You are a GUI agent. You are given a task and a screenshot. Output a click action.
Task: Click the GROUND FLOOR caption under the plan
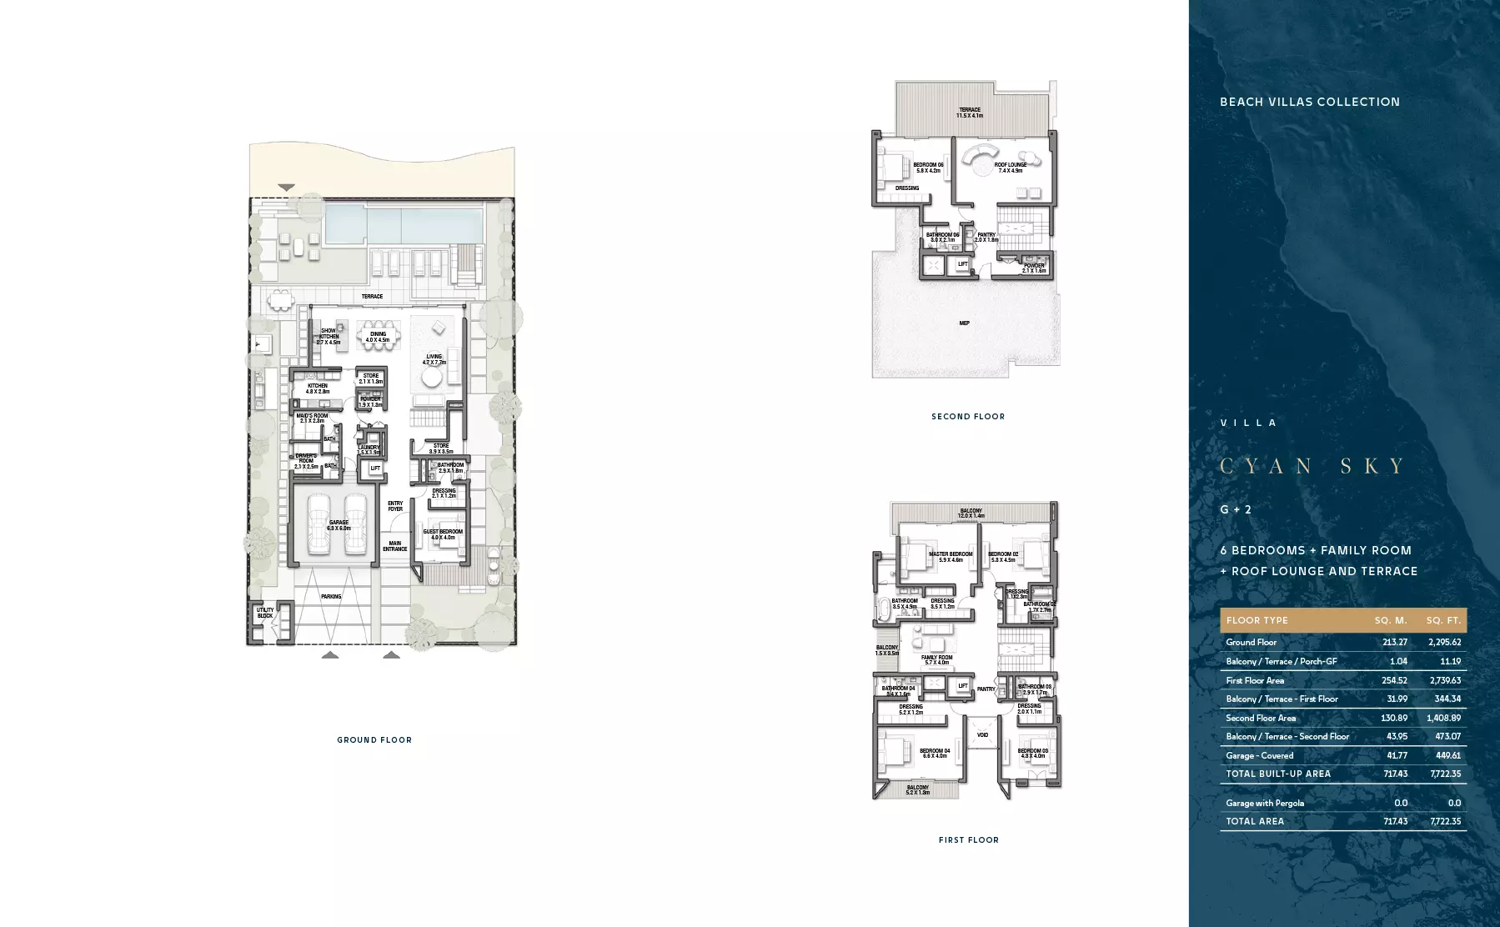click(374, 740)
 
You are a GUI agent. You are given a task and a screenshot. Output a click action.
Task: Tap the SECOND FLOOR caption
click(968, 417)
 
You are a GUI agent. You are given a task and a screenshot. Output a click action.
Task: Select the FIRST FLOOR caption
click(968, 840)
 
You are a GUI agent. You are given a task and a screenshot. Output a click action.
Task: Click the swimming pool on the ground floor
click(403, 223)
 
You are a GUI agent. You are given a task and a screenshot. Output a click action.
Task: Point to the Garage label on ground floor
click(339, 525)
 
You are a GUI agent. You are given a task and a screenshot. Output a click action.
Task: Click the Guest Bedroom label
click(442, 534)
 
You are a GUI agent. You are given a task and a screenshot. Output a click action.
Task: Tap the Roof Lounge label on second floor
click(1011, 168)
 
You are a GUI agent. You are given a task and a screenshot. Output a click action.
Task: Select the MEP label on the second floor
click(964, 323)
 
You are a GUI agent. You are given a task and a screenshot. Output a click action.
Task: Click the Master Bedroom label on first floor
click(951, 557)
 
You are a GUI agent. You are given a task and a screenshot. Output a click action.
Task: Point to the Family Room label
click(936, 660)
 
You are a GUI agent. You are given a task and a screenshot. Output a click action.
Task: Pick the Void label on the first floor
click(982, 735)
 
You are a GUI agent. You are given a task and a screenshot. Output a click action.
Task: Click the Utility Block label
click(265, 613)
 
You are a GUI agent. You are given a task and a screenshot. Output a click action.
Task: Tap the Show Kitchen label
click(329, 336)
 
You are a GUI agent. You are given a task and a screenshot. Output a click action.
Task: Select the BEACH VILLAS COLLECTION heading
click(1309, 103)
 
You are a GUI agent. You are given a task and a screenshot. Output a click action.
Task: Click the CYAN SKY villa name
click(1312, 466)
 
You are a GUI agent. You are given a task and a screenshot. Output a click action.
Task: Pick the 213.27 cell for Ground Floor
click(1394, 643)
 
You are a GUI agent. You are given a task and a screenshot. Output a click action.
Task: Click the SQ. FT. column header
click(1442, 621)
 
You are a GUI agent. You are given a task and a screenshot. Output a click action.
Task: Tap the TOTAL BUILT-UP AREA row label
click(1277, 774)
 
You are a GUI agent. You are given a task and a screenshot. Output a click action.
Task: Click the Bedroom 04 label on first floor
click(934, 754)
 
